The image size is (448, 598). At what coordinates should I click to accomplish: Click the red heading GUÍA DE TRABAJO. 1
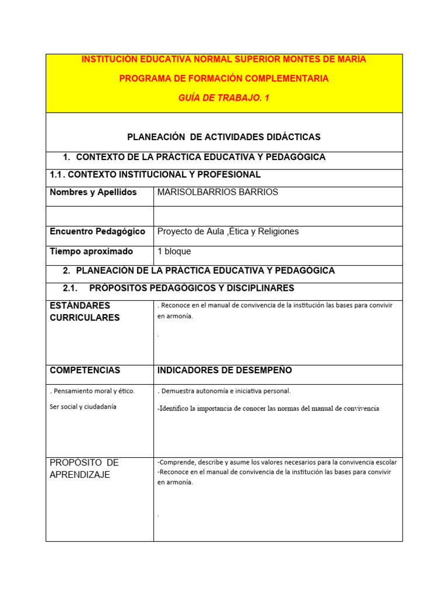coord(224,98)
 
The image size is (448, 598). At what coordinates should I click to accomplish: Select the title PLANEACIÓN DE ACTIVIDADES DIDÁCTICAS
coord(224,137)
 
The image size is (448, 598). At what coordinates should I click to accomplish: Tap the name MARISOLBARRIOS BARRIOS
coord(218,192)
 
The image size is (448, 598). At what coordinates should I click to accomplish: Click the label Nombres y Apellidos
coord(93,192)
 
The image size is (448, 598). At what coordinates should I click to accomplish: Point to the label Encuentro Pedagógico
coord(97,231)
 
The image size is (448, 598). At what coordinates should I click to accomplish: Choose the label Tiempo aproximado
coord(92,251)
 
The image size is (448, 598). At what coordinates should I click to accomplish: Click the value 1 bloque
coord(174,251)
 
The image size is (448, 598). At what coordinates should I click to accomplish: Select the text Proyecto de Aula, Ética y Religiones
coord(228,231)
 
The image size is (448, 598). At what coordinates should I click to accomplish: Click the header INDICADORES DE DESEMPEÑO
coord(225,370)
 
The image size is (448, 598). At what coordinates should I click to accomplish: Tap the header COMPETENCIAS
coord(85,370)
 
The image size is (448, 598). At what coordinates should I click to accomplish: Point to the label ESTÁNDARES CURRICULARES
coord(85,311)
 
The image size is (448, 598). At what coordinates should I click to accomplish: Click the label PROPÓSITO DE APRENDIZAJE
coord(85,468)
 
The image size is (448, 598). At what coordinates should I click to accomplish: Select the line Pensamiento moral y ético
coord(92,391)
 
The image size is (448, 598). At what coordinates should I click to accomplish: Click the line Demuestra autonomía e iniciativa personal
coord(224,391)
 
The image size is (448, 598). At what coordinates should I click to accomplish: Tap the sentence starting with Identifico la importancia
coord(268,408)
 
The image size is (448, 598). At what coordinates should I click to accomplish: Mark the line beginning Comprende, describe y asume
coord(277,462)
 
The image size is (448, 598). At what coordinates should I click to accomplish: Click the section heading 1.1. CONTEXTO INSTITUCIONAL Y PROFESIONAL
coord(155,175)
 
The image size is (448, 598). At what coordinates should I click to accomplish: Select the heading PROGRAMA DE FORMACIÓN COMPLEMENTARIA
coord(224,78)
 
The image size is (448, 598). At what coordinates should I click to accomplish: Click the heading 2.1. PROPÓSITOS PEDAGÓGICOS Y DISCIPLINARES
coord(178,288)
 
